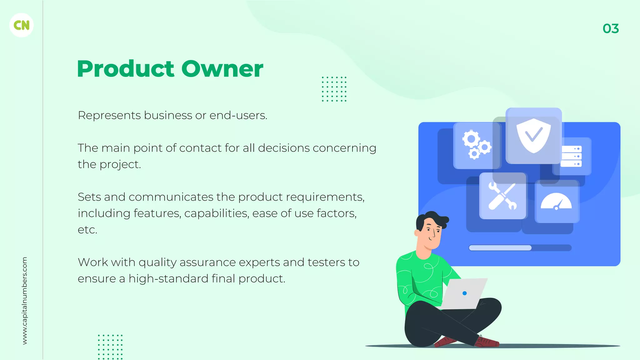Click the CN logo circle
click(x=22, y=25)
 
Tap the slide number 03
click(x=611, y=29)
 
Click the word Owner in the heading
click(x=222, y=69)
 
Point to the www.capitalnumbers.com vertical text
click(x=25, y=301)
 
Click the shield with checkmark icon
click(x=533, y=136)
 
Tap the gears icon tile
click(x=476, y=145)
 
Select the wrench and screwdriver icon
click(x=502, y=196)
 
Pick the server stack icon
click(x=571, y=156)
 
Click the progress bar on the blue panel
click(x=520, y=248)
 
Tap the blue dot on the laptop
click(x=464, y=293)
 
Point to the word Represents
click(x=109, y=115)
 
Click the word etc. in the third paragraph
click(x=87, y=230)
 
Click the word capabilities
click(x=217, y=213)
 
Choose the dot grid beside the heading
click(x=334, y=89)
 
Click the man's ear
click(x=417, y=233)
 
